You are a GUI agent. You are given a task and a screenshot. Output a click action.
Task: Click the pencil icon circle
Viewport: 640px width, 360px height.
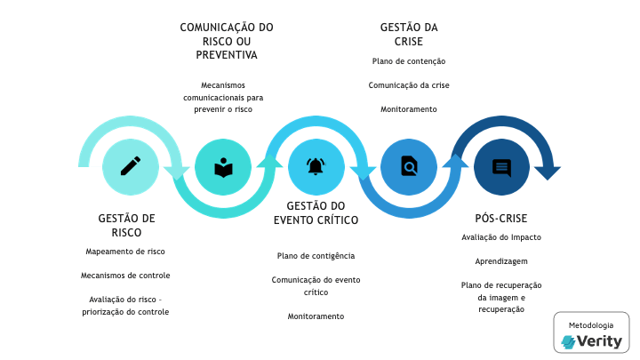pos(131,166)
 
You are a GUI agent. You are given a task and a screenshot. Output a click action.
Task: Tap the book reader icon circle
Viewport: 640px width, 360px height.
pos(223,166)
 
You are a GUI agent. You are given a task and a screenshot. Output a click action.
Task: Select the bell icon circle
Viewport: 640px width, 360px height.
pos(316,166)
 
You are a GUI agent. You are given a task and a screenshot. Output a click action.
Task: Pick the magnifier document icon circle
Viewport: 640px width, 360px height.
pos(409,166)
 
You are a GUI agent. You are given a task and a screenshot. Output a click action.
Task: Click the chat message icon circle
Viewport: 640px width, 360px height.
pos(501,166)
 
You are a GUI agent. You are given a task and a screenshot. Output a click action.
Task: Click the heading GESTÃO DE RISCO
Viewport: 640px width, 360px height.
pos(126,225)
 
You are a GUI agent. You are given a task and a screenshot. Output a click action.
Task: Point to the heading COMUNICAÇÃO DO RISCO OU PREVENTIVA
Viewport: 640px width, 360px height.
pos(227,41)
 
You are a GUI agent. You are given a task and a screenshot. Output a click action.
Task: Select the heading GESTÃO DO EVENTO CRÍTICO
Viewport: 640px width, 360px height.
pos(316,212)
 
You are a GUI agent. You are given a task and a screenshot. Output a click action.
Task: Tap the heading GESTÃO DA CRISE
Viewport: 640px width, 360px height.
pos(408,34)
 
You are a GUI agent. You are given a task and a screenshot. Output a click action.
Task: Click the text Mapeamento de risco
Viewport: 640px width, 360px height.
pos(125,252)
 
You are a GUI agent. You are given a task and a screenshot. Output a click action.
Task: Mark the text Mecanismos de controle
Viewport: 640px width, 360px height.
pos(125,276)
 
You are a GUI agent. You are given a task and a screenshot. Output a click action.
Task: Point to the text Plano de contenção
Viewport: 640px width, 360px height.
pos(408,61)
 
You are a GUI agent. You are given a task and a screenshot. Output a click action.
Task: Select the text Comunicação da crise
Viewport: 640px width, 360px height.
pos(408,85)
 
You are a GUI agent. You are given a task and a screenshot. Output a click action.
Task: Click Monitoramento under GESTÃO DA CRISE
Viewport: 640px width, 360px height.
pos(408,109)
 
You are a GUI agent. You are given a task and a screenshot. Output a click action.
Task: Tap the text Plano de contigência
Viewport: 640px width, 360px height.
pos(316,256)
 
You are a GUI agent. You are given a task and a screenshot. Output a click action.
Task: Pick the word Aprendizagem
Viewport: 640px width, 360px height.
pos(501,262)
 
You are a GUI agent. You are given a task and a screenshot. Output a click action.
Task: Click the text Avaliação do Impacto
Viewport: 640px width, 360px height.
pos(501,237)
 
